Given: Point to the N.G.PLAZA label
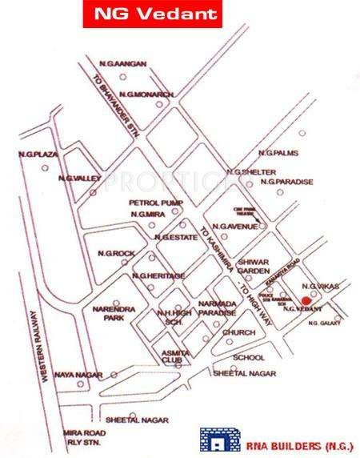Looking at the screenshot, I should (x=34, y=153).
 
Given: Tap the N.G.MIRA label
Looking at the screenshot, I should (x=146, y=215).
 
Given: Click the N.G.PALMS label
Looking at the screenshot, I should (x=278, y=153).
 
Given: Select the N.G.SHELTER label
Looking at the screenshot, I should (x=251, y=172).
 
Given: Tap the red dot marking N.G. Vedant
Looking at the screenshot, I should (x=306, y=300).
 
